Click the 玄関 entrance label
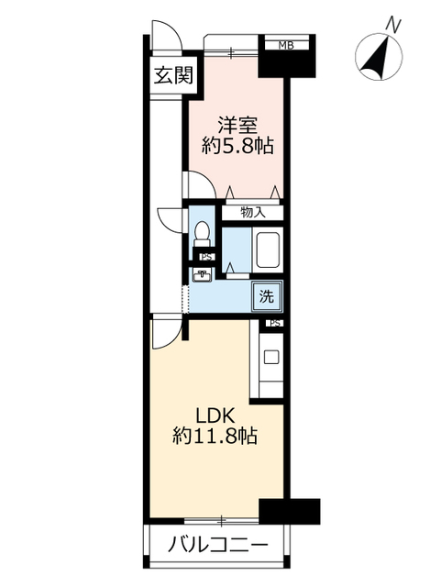point(173,75)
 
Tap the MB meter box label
point(286,46)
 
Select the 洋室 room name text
point(237,126)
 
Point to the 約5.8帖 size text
point(237,146)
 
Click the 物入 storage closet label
point(253,213)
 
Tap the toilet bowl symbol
point(202,234)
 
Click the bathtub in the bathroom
point(267,249)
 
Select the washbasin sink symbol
point(202,275)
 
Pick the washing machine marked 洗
point(267,297)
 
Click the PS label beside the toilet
point(206,257)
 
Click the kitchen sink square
point(271,357)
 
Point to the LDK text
point(215,415)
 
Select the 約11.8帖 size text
point(215,436)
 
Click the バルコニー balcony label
point(218,544)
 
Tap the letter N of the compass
point(393,25)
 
